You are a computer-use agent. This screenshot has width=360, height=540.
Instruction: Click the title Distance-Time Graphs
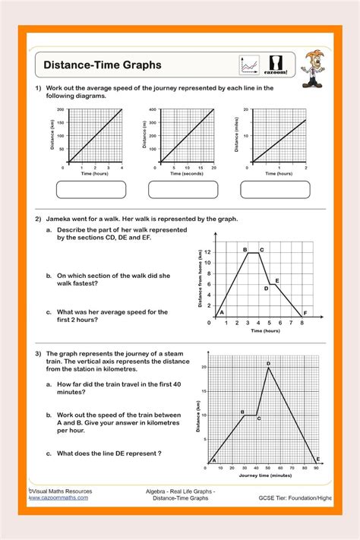tap(102, 65)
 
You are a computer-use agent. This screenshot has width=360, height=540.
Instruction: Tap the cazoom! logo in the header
tap(274, 65)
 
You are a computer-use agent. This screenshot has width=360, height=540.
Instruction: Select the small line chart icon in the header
tap(250, 65)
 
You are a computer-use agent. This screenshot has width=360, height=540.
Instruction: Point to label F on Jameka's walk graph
tap(305, 313)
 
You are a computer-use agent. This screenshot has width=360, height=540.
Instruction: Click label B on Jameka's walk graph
tap(245, 249)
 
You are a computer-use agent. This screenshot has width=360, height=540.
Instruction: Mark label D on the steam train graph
tap(268, 364)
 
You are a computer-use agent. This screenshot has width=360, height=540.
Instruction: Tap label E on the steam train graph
tap(317, 459)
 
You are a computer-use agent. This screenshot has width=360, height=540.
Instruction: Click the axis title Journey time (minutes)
tap(264, 475)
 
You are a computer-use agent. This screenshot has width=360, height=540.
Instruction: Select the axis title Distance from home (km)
tap(200, 285)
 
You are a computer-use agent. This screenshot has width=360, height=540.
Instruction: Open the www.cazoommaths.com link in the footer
tap(58, 497)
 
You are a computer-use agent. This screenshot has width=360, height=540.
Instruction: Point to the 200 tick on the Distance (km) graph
tap(62, 110)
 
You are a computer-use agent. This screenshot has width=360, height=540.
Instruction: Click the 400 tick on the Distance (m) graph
tap(152, 110)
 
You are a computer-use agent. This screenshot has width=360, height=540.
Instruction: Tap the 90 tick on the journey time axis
tap(316, 468)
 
